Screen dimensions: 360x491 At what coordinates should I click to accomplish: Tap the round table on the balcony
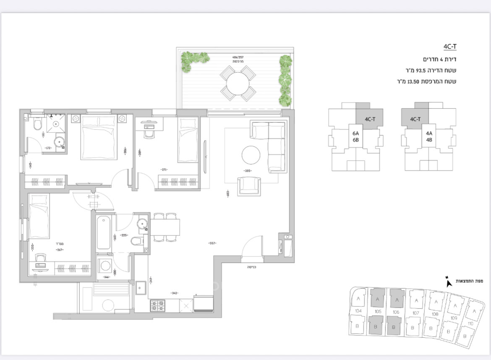coord(238,82)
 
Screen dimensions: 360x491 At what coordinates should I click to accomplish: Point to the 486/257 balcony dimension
coord(238,57)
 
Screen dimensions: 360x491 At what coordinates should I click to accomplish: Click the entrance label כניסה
coord(252,266)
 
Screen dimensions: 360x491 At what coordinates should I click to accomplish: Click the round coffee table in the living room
coord(251,155)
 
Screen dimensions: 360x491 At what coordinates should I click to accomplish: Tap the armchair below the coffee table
coord(249,186)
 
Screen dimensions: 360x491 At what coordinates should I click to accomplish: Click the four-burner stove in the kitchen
coord(158,305)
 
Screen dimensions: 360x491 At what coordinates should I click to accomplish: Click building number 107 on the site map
coord(415,313)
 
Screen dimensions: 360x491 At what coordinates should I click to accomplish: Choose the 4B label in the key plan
coord(429,139)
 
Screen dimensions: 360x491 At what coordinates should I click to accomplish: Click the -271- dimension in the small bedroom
coord(165,170)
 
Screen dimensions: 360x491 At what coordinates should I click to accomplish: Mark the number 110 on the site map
coord(470,323)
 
